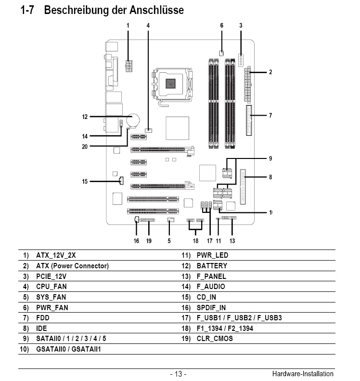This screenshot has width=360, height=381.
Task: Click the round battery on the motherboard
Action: [x=134, y=120]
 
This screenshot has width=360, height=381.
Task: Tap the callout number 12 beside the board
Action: [x=85, y=117]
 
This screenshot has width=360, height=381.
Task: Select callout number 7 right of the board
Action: [x=270, y=116]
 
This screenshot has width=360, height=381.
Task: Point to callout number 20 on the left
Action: [x=85, y=147]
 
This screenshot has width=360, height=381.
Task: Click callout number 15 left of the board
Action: [x=85, y=182]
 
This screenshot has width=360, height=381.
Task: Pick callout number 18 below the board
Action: [x=195, y=241]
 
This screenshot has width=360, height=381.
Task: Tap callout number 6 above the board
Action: [x=222, y=26]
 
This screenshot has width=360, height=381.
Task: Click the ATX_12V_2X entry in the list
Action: [x=56, y=255]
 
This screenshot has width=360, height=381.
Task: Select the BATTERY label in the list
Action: [x=212, y=266]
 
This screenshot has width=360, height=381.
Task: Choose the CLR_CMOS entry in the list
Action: [x=215, y=339]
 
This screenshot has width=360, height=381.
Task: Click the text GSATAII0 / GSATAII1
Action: [x=68, y=349]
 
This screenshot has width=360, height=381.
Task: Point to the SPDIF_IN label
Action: [x=211, y=308]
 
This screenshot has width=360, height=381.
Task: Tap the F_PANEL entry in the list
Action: [x=211, y=276]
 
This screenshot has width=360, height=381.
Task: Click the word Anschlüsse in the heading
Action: [x=156, y=10]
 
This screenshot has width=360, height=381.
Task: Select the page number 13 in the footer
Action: [x=179, y=374]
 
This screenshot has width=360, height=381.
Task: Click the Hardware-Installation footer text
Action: [x=303, y=373]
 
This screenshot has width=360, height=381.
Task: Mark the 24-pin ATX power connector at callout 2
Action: [x=247, y=84]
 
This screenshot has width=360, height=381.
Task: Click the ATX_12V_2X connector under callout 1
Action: [x=129, y=66]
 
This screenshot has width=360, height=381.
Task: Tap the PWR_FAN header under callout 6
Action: [x=221, y=53]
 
